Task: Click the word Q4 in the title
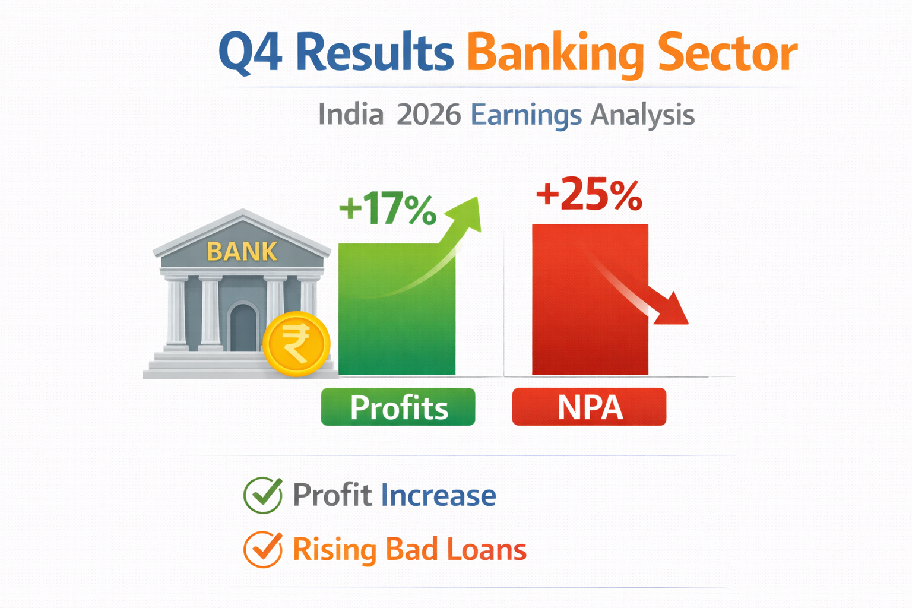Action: [250, 53]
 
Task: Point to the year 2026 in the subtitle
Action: [428, 115]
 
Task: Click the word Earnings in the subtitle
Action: [526, 116]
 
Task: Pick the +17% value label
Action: [387, 209]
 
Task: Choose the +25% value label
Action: [589, 194]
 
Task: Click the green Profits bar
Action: [397, 321]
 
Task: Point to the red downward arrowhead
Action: [672, 310]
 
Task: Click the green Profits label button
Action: [398, 407]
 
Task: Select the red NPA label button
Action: [589, 407]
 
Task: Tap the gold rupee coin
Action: [296, 344]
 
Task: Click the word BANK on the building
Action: [242, 252]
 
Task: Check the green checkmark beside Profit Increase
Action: [263, 495]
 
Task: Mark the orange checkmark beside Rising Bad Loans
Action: [263, 549]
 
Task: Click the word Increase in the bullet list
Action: [438, 495]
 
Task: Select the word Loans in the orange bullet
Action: [487, 549]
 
